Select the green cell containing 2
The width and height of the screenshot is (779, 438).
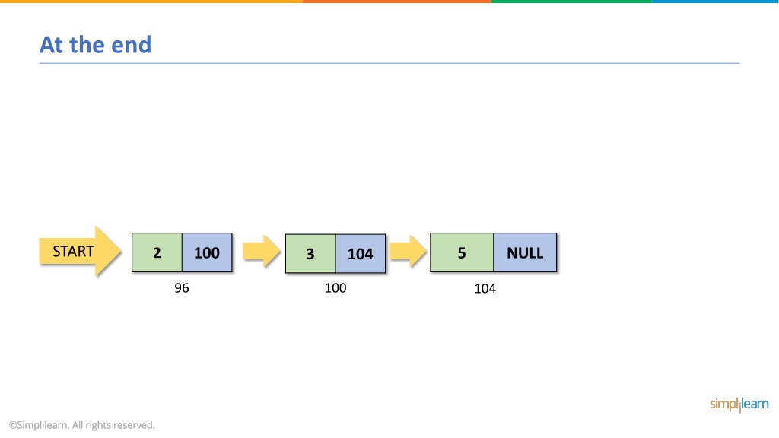[157, 252]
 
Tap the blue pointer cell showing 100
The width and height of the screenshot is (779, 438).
[207, 252]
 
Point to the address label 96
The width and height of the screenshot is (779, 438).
[182, 288]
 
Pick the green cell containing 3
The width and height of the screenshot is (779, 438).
[310, 253]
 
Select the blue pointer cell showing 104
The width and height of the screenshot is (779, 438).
[360, 253]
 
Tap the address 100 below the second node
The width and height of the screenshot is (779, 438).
[335, 288]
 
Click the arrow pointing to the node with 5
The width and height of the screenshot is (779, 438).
[408, 251]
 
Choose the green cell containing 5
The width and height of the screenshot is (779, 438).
[462, 252]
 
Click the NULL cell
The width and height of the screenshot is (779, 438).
[525, 252]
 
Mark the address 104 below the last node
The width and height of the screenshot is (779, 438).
[485, 288]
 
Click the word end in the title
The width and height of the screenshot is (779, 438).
[131, 45]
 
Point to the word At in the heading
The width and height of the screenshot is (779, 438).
[51, 45]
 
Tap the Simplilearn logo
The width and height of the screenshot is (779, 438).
[739, 405]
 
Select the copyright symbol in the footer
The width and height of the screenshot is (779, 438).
[13, 425]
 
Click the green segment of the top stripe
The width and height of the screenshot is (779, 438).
[571, 2]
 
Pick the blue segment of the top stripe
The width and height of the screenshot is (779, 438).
[715, 2]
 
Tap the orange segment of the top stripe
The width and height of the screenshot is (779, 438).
[397, 2]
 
